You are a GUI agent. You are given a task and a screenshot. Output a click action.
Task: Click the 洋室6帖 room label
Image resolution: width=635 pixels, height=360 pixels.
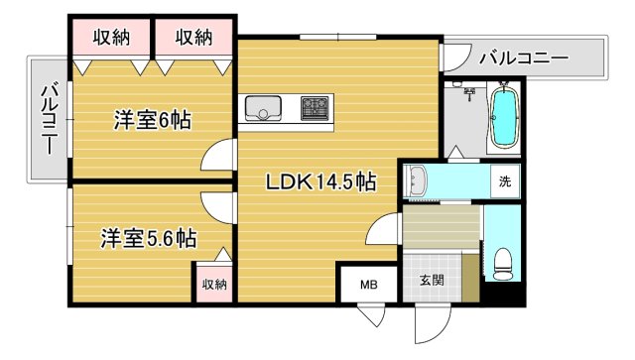click(152, 121)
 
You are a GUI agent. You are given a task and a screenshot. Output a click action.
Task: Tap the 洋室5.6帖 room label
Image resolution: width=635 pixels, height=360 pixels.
click(148, 238)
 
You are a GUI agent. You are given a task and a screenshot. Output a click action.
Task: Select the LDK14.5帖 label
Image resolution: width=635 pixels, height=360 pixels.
click(318, 182)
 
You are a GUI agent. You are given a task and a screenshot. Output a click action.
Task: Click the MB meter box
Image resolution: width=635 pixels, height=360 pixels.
click(368, 286)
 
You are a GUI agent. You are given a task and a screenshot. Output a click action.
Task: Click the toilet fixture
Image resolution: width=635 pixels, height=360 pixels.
click(502, 262)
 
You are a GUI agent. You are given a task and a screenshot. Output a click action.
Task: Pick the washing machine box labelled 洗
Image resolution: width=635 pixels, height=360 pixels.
click(505, 181)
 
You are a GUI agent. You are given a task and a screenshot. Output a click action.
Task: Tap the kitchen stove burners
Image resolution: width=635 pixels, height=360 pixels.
click(316, 106)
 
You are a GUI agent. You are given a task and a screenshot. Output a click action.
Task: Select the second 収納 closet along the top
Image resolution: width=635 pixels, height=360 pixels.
click(194, 38)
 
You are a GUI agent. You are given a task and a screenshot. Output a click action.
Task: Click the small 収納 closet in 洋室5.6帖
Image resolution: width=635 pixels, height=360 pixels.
click(213, 284)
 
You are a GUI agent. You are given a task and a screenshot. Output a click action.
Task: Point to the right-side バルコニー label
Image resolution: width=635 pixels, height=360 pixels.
click(523, 59)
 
